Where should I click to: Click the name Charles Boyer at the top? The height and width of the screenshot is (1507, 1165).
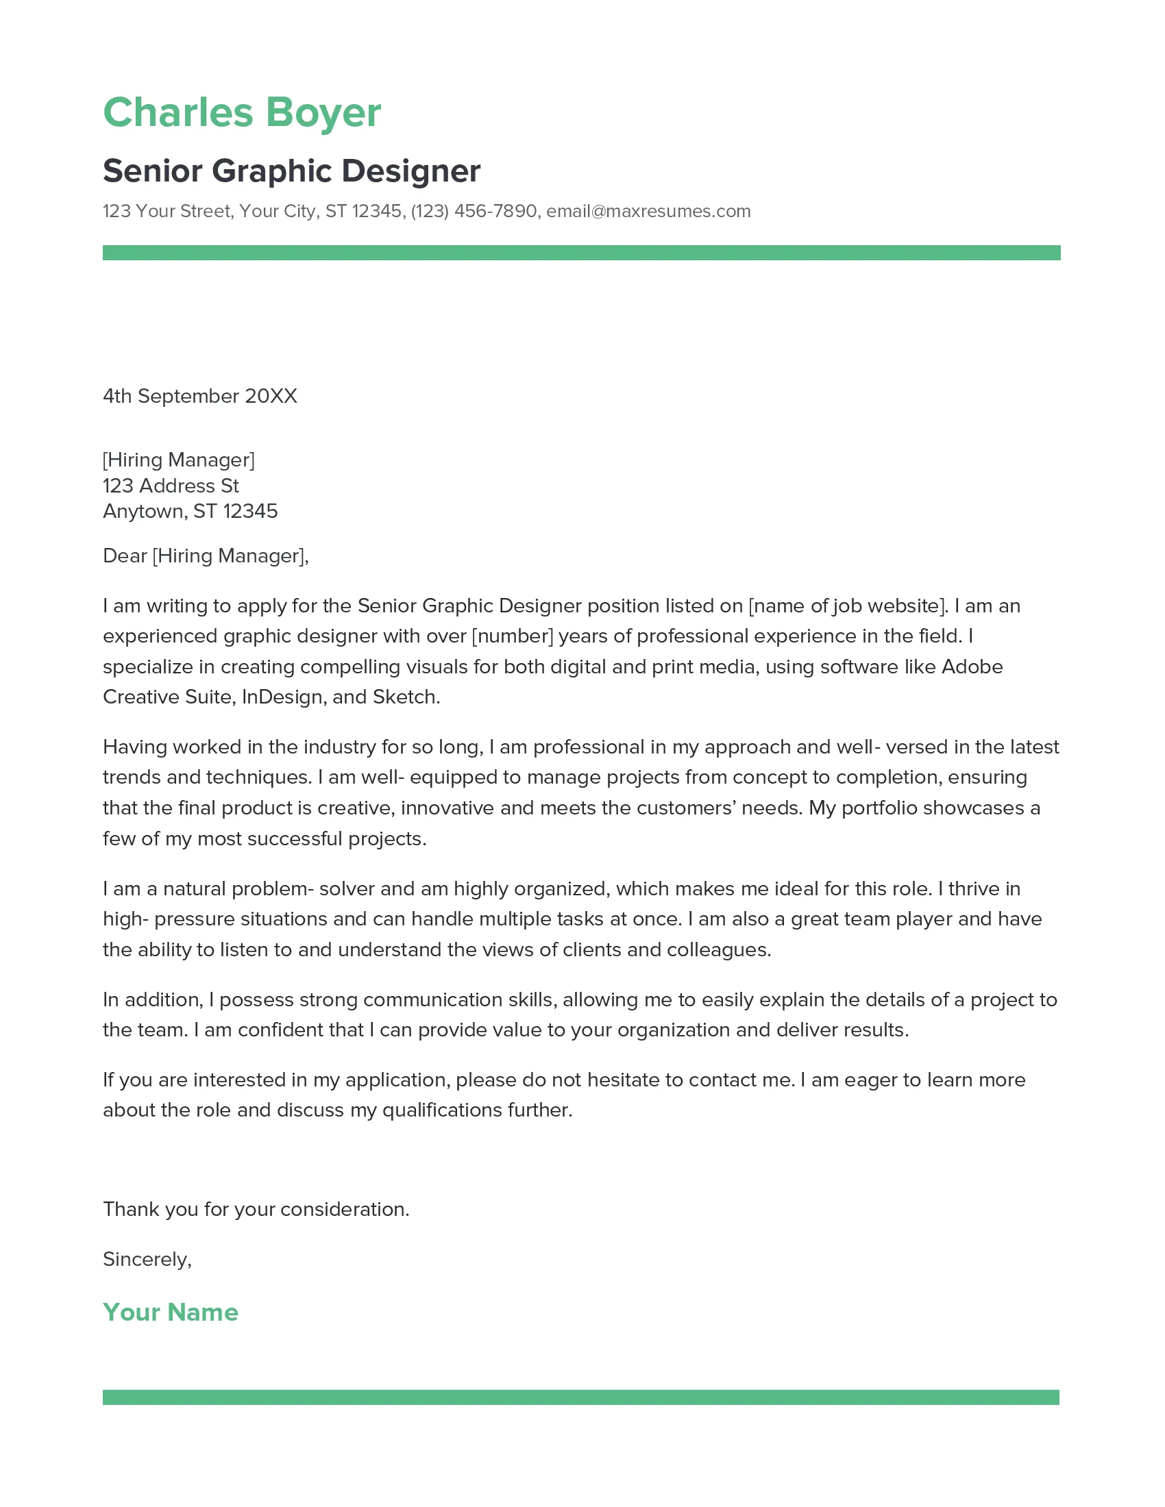point(241,112)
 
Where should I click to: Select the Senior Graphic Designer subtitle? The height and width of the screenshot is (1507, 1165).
point(291,171)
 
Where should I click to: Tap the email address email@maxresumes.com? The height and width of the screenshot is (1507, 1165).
point(648,211)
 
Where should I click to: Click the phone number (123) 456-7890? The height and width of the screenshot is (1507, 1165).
point(474,211)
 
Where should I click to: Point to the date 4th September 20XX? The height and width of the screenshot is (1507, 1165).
point(199,396)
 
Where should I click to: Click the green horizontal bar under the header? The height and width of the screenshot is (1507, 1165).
point(581,253)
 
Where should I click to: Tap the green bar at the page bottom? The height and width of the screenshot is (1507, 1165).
point(581,1397)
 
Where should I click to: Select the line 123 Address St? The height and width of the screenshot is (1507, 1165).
point(171,486)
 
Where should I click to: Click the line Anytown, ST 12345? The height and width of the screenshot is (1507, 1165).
point(190,511)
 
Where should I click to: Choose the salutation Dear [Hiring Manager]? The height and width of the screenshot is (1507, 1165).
point(206,556)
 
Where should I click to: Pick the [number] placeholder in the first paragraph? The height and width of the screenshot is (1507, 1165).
point(512,636)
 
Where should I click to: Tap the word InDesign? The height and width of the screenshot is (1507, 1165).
point(282,697)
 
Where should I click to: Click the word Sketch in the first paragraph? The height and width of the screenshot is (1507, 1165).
point(405,697)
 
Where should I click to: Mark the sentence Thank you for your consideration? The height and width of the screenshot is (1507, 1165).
point(256,1210)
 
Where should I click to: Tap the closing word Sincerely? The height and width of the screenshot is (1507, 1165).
point(147,1259)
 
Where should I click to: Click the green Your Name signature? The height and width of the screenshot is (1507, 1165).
point(171,1312)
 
